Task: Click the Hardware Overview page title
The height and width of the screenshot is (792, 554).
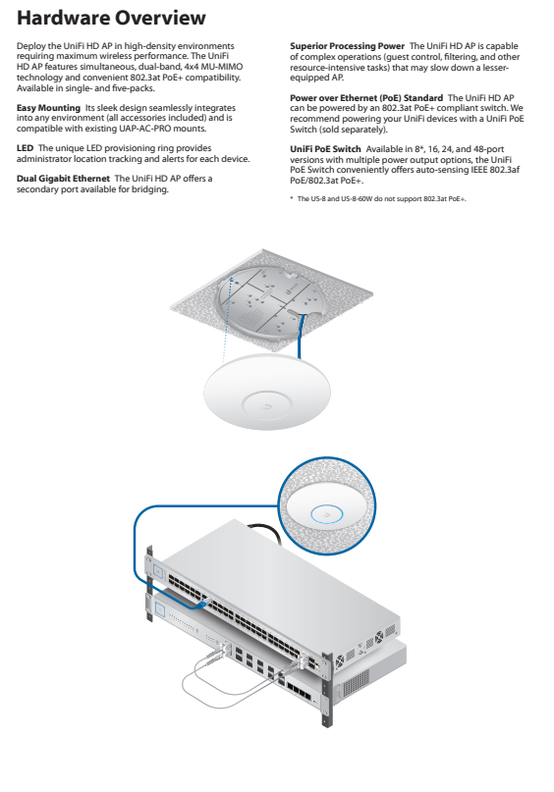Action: tap(111, 18)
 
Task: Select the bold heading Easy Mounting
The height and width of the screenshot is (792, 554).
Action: tap(48, 108)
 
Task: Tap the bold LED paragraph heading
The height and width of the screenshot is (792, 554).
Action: tap(25, 148)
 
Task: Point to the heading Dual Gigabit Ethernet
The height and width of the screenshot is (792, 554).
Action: tap(63, 179)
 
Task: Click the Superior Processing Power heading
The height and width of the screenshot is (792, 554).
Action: tap(348, 46)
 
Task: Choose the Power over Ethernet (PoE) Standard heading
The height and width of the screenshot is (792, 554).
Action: tap(366, 98)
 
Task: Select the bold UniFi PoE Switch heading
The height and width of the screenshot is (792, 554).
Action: tap(325, 149)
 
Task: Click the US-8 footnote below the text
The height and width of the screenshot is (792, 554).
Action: tap(378, 199)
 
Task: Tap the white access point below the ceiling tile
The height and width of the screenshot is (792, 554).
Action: tap(267, 392)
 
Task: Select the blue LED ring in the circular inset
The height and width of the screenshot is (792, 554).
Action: tap(326, 514)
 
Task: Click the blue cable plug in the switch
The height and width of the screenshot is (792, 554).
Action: tap(203, 602)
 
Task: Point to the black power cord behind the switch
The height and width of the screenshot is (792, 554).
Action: tap(264, 530)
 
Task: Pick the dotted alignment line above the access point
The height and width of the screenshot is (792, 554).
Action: tap(227, 318)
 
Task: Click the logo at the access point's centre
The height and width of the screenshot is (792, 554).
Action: tap(267, 405)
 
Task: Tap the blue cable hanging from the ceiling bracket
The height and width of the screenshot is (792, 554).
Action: tap(301, 336)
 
